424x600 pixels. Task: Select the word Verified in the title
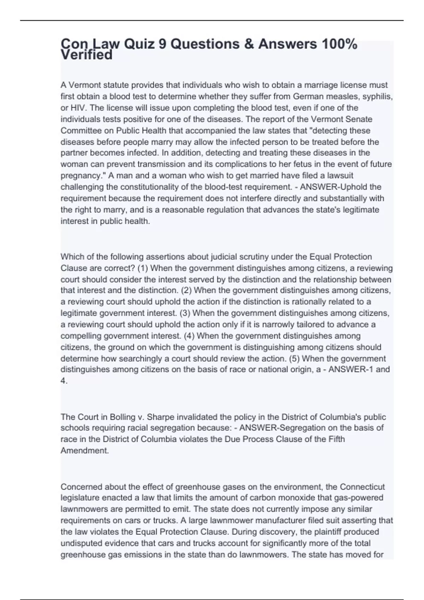(x=87, y=55)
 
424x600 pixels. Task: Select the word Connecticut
(x=362, y=487)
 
